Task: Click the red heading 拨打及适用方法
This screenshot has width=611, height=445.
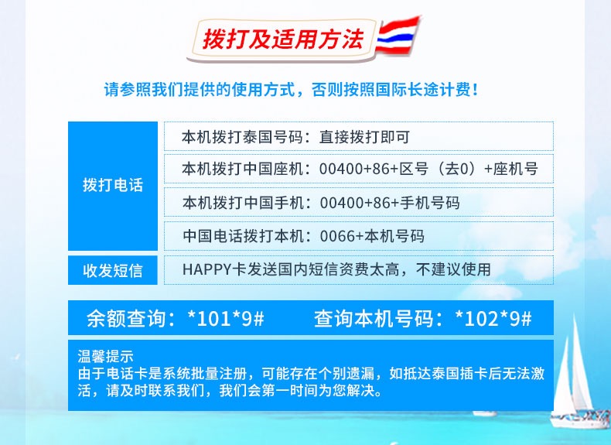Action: (x=283, y=39)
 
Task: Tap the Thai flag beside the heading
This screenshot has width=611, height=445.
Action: (x=398, y=35)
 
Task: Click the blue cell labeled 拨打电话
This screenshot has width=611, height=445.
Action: (x=113, y=186)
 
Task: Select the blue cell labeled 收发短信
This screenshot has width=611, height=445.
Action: (x=113, y=270)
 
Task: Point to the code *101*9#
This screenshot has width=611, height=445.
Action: (x=226, y=318)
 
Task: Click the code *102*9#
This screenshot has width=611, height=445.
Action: (x=493, y=318)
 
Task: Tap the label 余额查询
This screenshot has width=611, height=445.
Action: (x=126, y=318)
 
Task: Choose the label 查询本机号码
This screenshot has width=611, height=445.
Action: (x=374, y=318)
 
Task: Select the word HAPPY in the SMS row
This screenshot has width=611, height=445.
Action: (x=207, y=269)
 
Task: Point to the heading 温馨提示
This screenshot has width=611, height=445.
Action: (x=105, y=357)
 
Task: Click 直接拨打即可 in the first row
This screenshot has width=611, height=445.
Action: (x=364, y=137)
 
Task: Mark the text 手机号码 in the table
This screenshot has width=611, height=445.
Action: (x=430, y=204)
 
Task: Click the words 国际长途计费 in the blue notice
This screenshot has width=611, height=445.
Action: (x=423, y=90)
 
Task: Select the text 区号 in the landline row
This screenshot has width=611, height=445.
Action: (x=414, y=169)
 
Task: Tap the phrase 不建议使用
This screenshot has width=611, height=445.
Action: (x=453, y=269)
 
